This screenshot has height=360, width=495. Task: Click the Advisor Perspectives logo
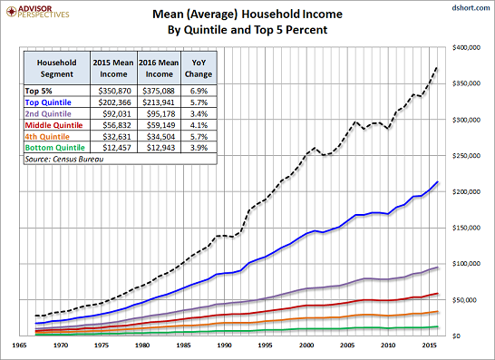click(x=37, y=12)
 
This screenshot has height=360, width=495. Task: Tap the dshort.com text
click(x=471, y=7)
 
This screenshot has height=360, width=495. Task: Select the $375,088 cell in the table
click(x=159, y=91)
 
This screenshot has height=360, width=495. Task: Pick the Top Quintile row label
click(x=48, y=102)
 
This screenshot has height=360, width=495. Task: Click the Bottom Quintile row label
click(x=55, y=148)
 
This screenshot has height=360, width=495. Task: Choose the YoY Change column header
click(x=199, y=68)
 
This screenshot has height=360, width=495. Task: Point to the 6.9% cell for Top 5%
click(x=199, y=91)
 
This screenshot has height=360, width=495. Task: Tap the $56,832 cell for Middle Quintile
click(x=117, y=125)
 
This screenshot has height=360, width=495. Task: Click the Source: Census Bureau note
click(x=64, y=159)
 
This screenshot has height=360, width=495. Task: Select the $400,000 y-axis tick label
click(x=466, y=47)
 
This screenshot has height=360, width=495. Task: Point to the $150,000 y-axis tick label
click(x=466, y=228)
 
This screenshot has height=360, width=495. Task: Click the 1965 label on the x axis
click(x=19, y=345)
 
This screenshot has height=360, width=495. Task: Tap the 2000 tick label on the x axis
click(x=306, y=345)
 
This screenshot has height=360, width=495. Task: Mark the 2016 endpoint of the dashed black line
click(x=437, y=66)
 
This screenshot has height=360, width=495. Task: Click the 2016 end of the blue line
click(x=438, y=181)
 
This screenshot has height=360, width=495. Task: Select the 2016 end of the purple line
click(x=438, y=268)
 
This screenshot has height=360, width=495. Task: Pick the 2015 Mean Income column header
click(x=113, y=68)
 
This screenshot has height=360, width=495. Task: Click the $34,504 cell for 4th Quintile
click(x=160, y=136)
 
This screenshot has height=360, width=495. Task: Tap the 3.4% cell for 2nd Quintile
click(x=199, y=113)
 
